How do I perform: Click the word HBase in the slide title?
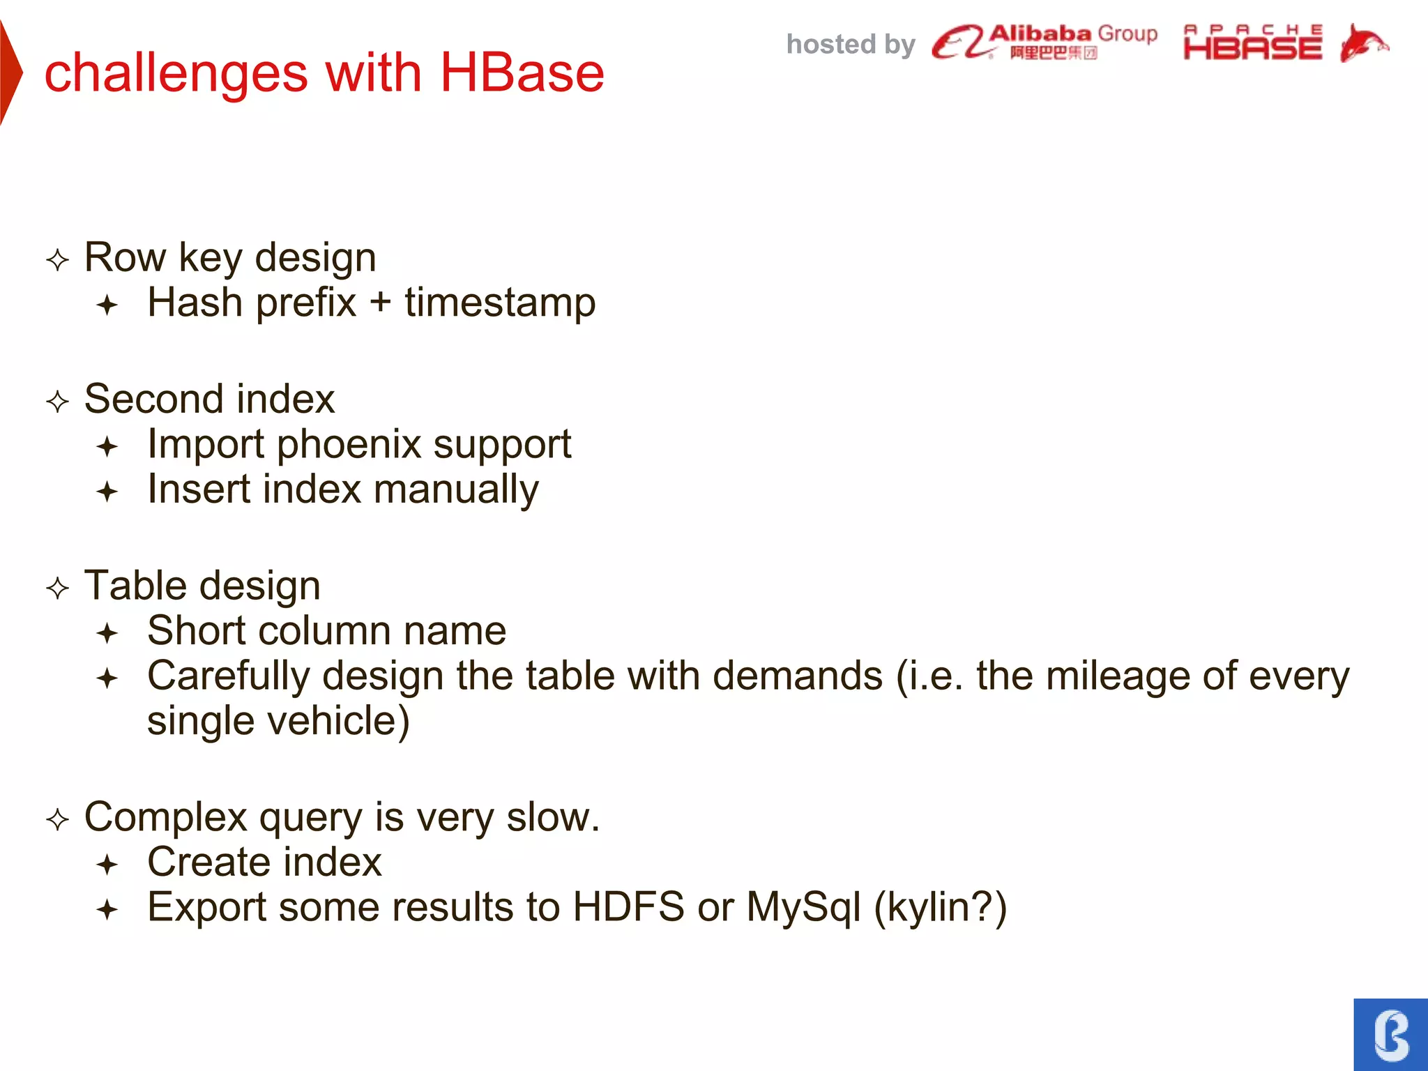[522, 73]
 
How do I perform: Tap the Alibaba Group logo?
[1044, 43]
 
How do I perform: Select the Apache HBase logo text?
[1252, 43]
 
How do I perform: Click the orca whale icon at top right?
[1362, 43]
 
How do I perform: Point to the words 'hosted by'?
[850, 45]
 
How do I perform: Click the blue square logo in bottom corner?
[1390, 1034]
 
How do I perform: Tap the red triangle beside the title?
[10, 73]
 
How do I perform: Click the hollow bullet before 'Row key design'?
[58, 260]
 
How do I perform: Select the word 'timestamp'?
[500, 303]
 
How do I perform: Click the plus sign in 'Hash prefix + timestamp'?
[380, 303]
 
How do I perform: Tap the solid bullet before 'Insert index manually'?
[107, 492]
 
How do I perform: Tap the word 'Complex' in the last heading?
[165, 817]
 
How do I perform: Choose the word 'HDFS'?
[628, 907]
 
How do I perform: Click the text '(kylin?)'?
[940, 907]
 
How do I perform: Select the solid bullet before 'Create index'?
[107, 865]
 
